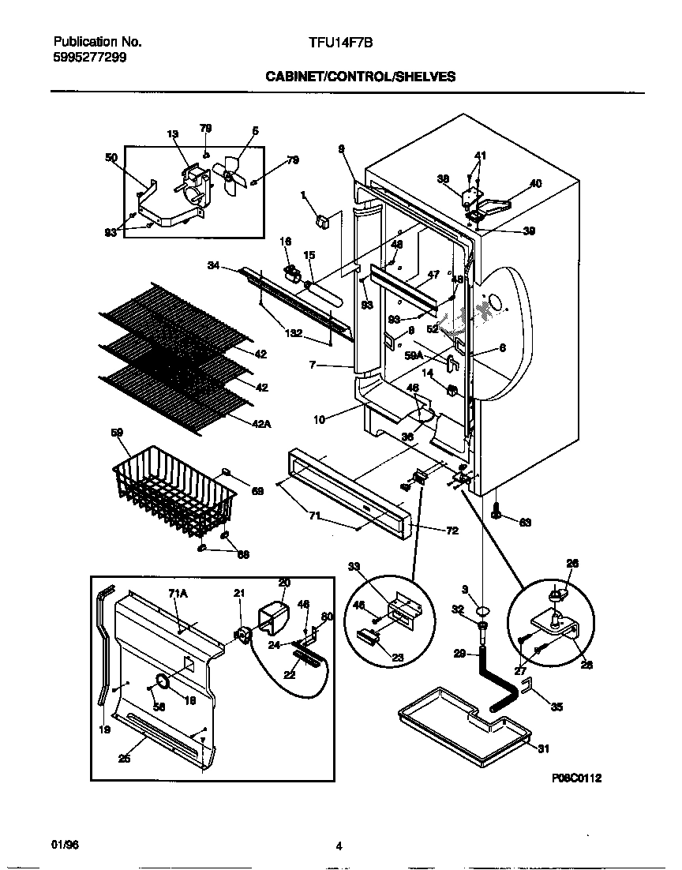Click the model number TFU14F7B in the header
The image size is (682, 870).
tap(339, 46)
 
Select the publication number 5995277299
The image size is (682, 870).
tap(88, 58)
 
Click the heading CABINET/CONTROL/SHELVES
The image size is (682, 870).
tap(360, 77)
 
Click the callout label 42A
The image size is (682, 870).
tap(261, 425)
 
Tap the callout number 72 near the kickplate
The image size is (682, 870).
tap(452, 531)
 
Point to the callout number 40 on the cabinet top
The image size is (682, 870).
tap(535, 183)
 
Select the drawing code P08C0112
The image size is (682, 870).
tap(577, 778)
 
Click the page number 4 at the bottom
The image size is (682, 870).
tap(339, 847)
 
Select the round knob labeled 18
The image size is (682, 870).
tap(163, 681)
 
